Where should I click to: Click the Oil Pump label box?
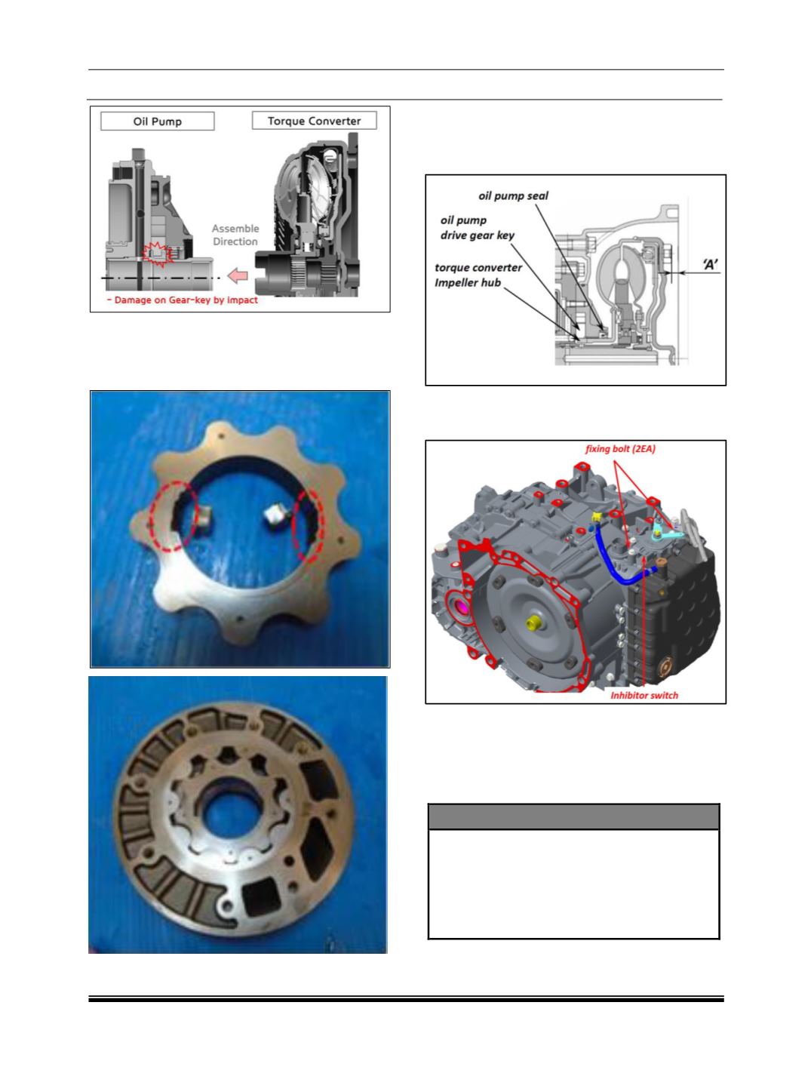158,121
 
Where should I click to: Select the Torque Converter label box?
314,121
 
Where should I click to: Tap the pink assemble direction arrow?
238,275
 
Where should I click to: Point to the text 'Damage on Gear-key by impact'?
183,300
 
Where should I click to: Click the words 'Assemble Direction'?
235,235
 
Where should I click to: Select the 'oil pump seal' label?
513,196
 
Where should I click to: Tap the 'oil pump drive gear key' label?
478,228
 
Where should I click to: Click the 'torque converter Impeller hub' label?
478,275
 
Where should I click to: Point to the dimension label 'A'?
710,264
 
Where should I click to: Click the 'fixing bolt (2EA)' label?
620,449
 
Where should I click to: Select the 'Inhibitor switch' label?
644,695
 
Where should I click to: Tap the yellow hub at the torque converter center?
533,623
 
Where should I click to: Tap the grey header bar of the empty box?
573,816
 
